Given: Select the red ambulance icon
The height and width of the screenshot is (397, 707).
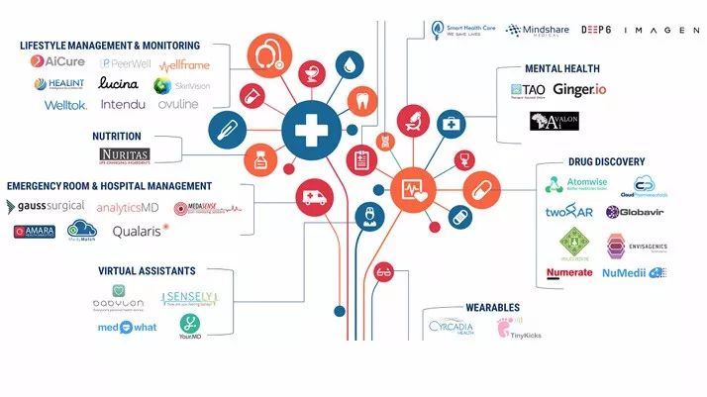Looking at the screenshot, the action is pos(315,197).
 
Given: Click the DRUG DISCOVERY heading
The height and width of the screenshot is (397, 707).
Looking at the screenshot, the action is pos(606,161).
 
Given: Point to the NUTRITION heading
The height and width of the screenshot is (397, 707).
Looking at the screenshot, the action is pos(116,136).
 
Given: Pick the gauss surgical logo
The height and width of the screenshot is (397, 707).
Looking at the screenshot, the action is pos(42,207).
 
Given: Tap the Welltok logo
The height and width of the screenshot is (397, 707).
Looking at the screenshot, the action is pos(65,105).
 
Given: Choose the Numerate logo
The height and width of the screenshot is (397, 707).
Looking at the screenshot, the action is pos(569,272).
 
